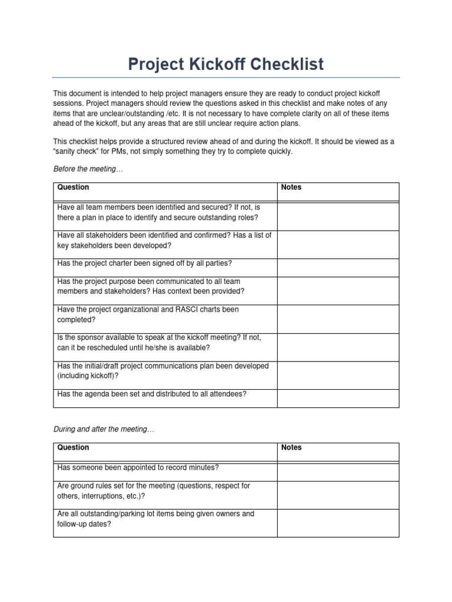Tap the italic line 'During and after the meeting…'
tap(104, 429)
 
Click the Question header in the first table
tap(73, 188)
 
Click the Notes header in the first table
tap(291, 188)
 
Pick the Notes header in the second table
tap(291, 447)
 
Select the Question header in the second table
tap(73, 447)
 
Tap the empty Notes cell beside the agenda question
tap(338, 398)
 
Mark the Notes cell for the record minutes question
tap(338, 472)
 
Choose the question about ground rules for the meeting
tap(153, 491)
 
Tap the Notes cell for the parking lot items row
tap(338, 523)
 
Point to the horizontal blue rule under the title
tap(226, 77)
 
